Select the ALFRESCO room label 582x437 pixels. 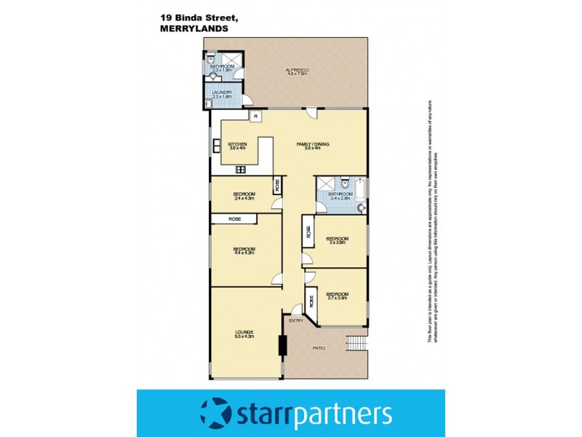pos(297,71)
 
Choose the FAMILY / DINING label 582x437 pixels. pos(313,146)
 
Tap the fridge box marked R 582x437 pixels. pos(255,116)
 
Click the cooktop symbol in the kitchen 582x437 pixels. pos(239,170)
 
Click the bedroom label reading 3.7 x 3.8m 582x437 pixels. pos(337,296)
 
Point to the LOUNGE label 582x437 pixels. pos(244,334)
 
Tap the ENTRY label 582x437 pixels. pos(296,321)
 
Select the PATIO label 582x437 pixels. pos(319,348)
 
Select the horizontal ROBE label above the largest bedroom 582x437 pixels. pos(234,219)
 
